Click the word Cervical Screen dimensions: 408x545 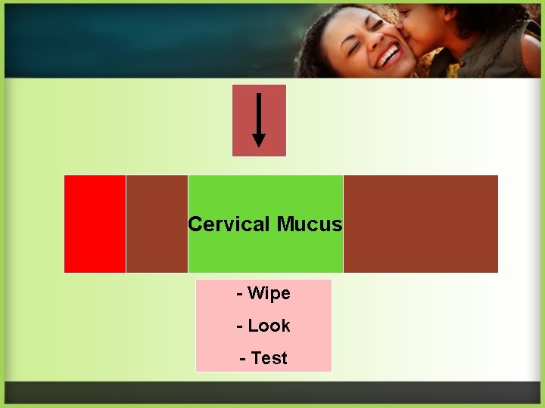click(x=229, y=224)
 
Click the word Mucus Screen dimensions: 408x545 click(x=310, y=224)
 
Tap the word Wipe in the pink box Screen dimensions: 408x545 click(x=269, y=293)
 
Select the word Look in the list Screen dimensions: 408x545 click(x=269, y=326)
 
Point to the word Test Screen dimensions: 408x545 click(x=269, y=358)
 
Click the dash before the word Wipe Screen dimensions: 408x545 click(x=240, y=293)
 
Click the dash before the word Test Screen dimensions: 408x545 click(x=243, y=358)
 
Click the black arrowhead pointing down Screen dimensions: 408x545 click(x=259, y=140)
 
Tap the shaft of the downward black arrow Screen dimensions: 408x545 click(x=259, y=113)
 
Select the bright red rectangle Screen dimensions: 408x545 click(x=95, y=224)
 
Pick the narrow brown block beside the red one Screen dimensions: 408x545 click(x=157, y=224)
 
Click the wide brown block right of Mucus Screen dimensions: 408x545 click(x=421, y=224)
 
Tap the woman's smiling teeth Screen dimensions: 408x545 click(x=390, y=55)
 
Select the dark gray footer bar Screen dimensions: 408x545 click(x=272, y=392)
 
